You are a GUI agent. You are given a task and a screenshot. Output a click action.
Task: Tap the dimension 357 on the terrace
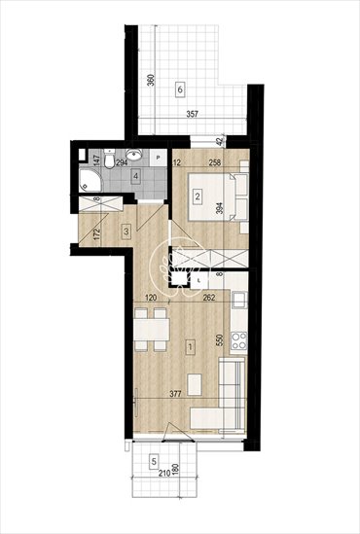tap(192, 115)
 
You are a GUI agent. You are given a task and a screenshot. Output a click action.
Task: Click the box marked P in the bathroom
tap(157, 156)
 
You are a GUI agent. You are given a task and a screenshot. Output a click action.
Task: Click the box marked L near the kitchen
tap(199, 280)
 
